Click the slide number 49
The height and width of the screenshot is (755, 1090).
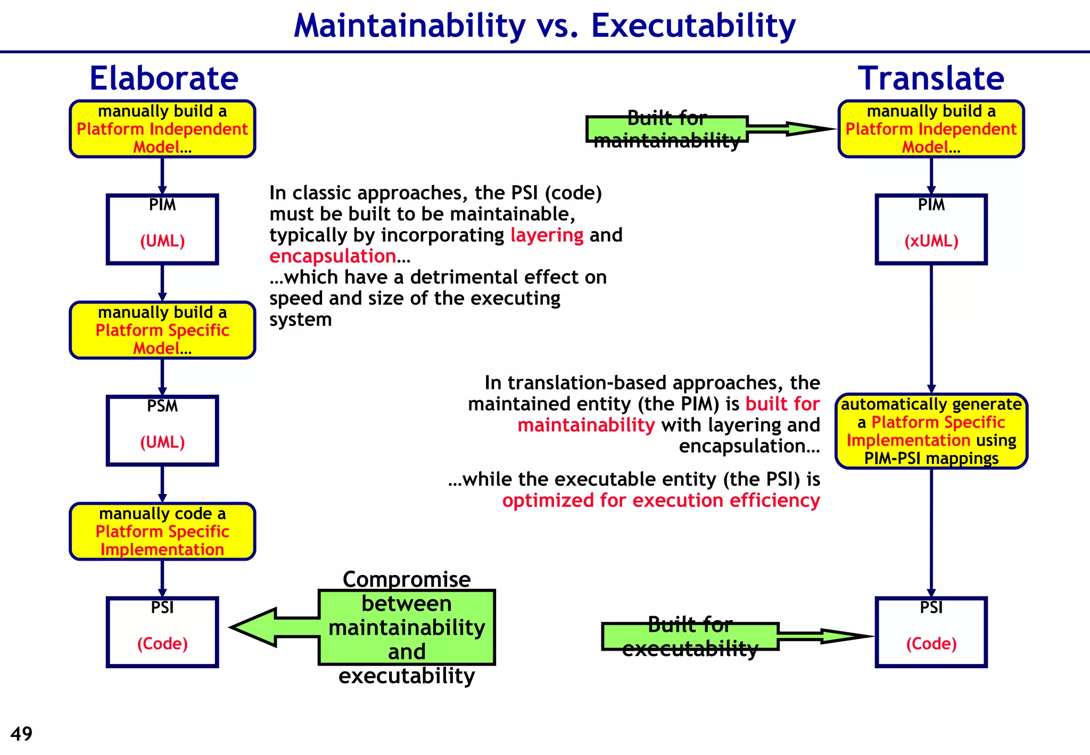[21, 734]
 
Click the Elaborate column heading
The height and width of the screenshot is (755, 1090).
[163, 78]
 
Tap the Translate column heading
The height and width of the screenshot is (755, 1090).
[931, 78]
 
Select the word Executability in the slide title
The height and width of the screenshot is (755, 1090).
[693, 26]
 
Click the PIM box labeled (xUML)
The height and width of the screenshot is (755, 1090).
[931, 229]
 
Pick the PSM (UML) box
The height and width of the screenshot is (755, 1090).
[162, 430]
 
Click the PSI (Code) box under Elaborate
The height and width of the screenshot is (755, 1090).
[162, 631]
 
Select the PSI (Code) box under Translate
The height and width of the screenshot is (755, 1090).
[931, 631]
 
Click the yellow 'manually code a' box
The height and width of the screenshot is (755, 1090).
[162, 531]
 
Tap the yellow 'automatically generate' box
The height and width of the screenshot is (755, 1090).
[931, 431]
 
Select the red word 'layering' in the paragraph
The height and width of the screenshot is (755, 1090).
[547, 235]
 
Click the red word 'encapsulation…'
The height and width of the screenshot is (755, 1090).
[339, 256]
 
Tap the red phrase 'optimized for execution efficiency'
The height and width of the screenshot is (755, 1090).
[660, 500]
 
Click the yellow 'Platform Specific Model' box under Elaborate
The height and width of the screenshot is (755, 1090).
[162, 330]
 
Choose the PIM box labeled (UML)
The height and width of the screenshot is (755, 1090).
[162, 229]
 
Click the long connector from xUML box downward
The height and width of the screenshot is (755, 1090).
[931, 327]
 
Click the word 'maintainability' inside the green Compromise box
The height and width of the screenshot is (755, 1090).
[407, 627]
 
